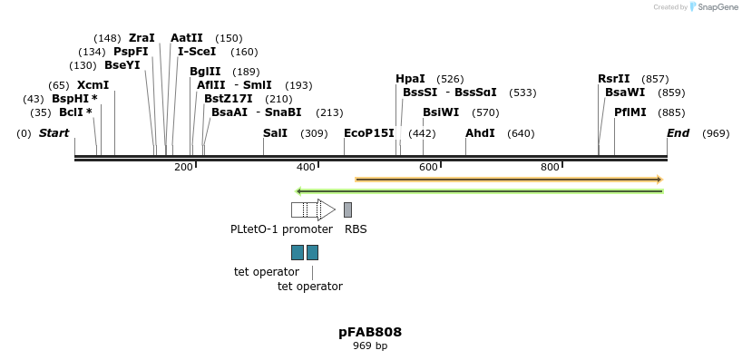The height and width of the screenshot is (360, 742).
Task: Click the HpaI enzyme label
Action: click(410, 79)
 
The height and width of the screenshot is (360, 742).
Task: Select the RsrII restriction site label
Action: click(613, 79)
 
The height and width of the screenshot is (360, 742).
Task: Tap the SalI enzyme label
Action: click(275, 133)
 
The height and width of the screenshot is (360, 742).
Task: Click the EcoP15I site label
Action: click(369, 133)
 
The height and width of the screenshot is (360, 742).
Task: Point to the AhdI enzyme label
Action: click(480, 133)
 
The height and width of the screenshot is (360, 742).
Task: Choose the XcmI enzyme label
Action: click(93, 85)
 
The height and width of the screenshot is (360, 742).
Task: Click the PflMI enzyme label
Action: click(630, 112)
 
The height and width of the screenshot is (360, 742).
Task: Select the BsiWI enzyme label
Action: click(441, 112)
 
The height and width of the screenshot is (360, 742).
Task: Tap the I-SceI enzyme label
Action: click(197, 52)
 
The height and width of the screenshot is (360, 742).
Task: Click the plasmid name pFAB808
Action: click(370, 332)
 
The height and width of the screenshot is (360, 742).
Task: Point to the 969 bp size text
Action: click(370, 345)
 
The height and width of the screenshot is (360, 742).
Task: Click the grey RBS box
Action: click(347, 209)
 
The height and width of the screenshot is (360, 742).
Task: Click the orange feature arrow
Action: click(509, 180)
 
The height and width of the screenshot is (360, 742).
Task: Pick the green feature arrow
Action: click(480, 191)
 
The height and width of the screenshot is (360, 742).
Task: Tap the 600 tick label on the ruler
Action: click(428, 167)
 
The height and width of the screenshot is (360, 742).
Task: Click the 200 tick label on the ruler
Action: click(183, 167)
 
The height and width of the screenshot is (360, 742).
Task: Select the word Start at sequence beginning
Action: click(54, 133)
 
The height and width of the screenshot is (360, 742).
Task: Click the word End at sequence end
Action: click(678, 133)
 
